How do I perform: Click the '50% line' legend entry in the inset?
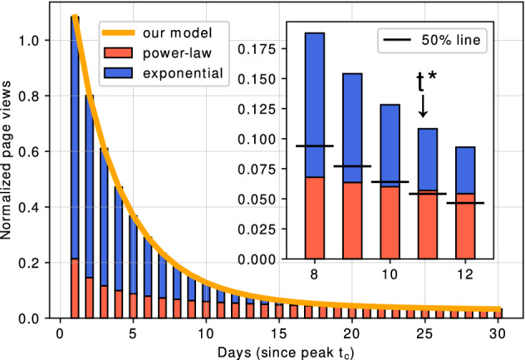tap(439, 38)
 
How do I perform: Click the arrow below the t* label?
tap(423, 107)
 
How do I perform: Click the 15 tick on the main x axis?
tap(279, 330)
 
